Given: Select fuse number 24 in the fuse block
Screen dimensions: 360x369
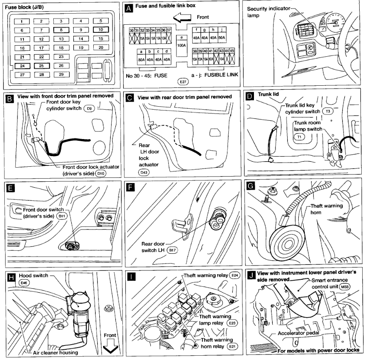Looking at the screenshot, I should click(22, 66).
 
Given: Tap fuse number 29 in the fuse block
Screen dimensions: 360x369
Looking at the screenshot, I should click(61, 75).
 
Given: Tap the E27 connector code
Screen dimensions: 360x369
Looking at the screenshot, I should click(182, 80).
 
